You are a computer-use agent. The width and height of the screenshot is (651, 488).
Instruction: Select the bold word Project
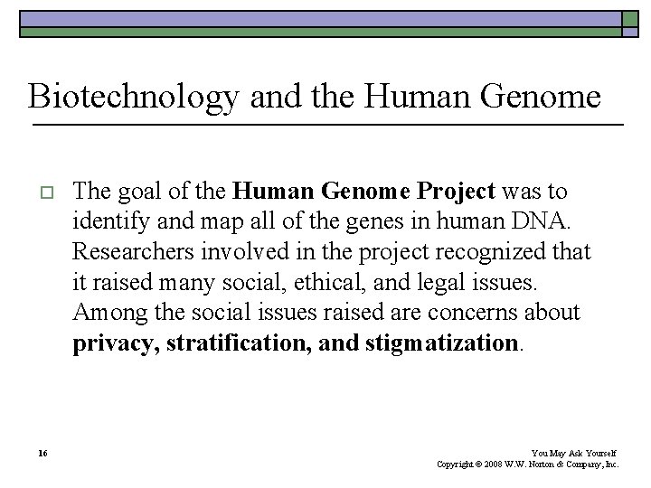pos(457,192)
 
